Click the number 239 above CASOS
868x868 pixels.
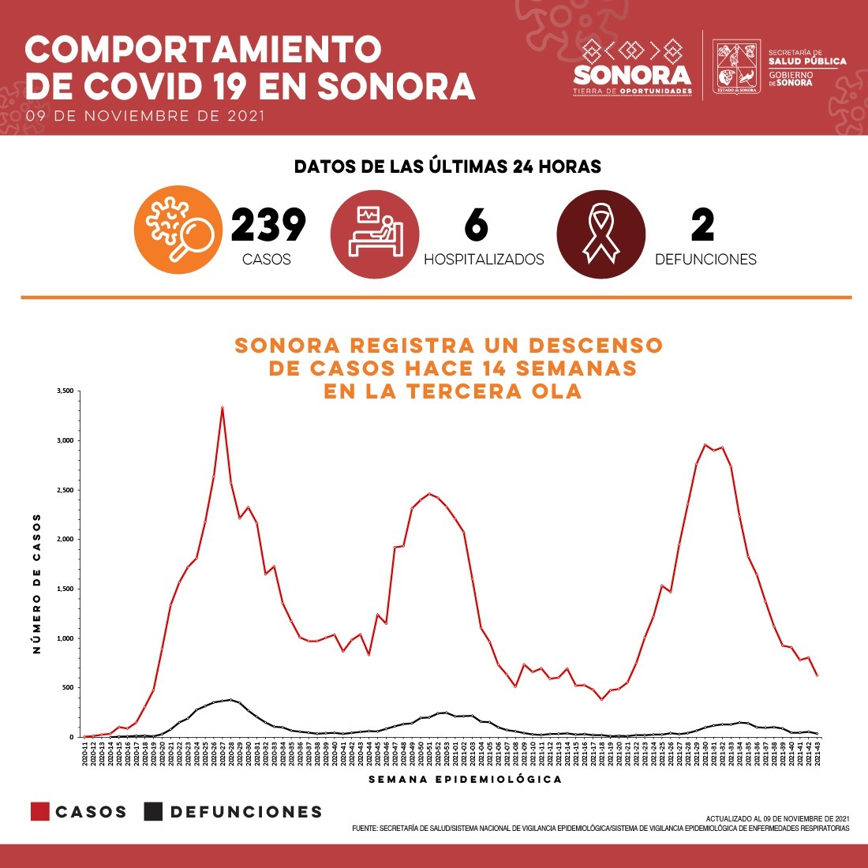(268, 226)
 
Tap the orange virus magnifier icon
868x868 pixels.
(178, 229)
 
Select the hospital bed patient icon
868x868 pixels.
(374, 232)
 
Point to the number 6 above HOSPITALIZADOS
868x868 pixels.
(476, 226)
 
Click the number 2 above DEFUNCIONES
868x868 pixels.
(702, 226)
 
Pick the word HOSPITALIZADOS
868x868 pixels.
(484, 260)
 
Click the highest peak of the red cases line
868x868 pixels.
(223, 408)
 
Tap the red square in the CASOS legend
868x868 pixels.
(40, 811)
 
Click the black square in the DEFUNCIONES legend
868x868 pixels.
(153, 811)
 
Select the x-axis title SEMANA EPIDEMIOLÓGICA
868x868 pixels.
(466, 780)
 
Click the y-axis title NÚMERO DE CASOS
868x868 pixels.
(37, 584)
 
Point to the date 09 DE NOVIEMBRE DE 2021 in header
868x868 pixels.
(145, 116)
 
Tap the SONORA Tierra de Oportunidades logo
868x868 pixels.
(632, 69)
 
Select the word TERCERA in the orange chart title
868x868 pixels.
(444, 391)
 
